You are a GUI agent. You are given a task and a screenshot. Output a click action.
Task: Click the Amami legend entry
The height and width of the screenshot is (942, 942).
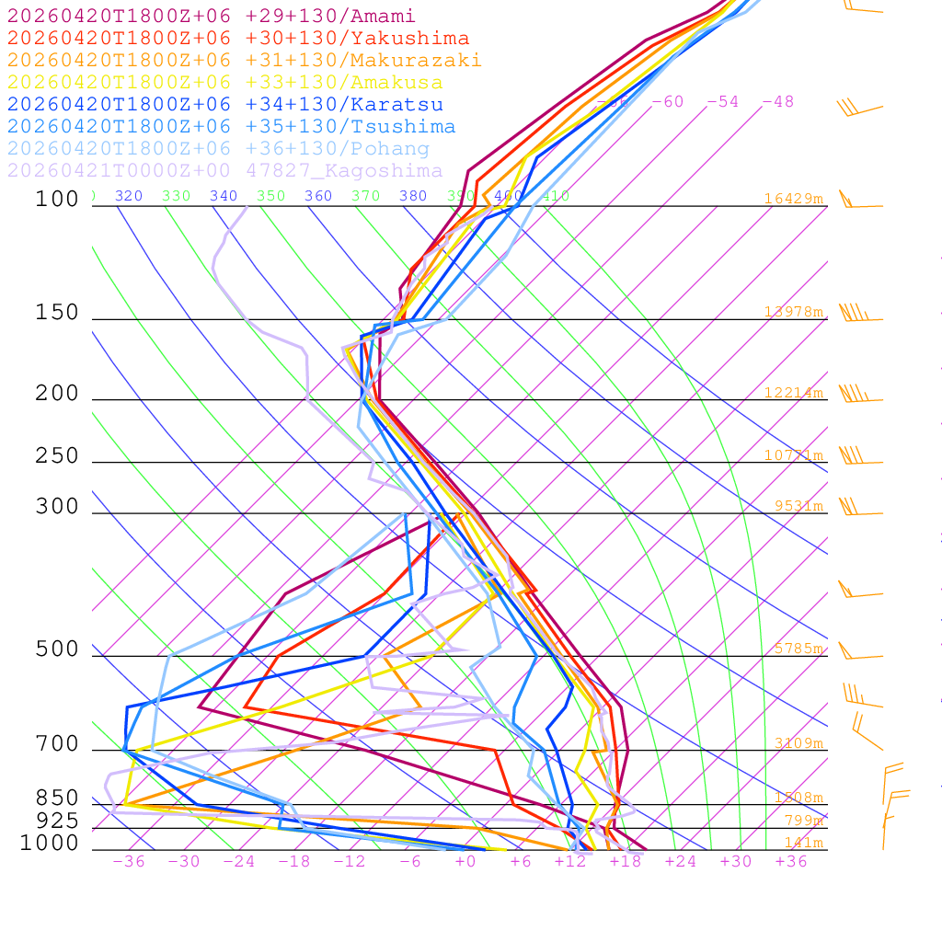click(211, 17)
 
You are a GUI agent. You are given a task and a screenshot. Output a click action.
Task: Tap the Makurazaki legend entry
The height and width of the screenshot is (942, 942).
click(244, 61)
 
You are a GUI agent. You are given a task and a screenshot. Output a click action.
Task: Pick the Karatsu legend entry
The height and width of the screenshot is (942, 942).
click(224, 105)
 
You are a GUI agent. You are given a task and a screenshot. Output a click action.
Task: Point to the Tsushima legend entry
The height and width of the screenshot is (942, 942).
click(231, 127)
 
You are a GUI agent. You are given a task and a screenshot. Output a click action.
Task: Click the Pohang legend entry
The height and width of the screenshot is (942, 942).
click(218, 149)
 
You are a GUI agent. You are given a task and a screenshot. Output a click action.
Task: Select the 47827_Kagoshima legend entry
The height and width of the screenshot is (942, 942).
click(224, 171)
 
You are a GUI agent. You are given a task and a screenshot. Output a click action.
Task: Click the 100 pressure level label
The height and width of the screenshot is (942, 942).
click(57, 199)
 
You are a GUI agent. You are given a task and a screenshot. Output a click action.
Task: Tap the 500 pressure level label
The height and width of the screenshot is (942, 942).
click(57, 649)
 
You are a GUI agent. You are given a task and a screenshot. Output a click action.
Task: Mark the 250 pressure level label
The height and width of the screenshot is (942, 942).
click(57, 455)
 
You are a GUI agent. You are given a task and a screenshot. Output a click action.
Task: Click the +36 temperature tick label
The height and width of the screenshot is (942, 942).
click(791, 862)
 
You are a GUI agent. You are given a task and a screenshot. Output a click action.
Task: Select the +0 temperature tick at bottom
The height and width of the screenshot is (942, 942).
click(465, 862)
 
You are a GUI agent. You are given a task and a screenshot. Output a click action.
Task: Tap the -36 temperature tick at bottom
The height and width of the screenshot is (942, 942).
click(129, 862)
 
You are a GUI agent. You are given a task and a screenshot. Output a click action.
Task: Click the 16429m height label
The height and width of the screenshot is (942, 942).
click(793, 199)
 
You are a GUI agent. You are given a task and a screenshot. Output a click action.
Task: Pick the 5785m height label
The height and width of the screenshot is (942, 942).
click(798, 649)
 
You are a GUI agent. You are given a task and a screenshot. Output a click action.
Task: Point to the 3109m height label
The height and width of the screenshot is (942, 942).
click(798, 743)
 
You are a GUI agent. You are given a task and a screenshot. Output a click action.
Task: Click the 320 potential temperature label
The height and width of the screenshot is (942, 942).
click(129, 196)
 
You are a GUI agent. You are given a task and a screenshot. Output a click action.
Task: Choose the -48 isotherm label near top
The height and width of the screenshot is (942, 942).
click(777, 102)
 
